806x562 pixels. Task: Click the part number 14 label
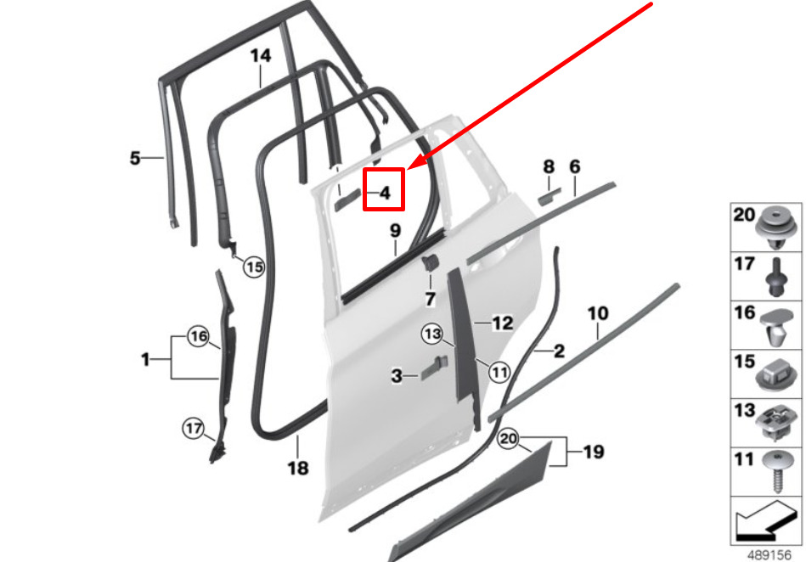point(261,55)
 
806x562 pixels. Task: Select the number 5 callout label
point(135,158)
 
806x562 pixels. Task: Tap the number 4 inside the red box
point(385,194)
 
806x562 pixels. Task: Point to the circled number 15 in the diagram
point(254,267)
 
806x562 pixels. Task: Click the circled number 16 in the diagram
point(199,336)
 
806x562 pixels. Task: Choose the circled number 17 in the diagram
point(194,428)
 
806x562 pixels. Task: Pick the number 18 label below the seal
point(298,468)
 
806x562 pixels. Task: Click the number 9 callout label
point(395,230)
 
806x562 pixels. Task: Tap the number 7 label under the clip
point(431,299)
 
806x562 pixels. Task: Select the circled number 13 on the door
point(432,334)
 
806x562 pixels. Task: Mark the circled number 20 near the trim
point(508,439)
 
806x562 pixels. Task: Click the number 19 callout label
point(594,452)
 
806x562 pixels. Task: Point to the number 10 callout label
point(598,313)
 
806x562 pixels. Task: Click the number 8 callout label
point(549,166)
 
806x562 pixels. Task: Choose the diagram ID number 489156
point(769,555)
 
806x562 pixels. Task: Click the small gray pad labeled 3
point(434,368)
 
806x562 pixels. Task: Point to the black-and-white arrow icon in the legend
point(765,520)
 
